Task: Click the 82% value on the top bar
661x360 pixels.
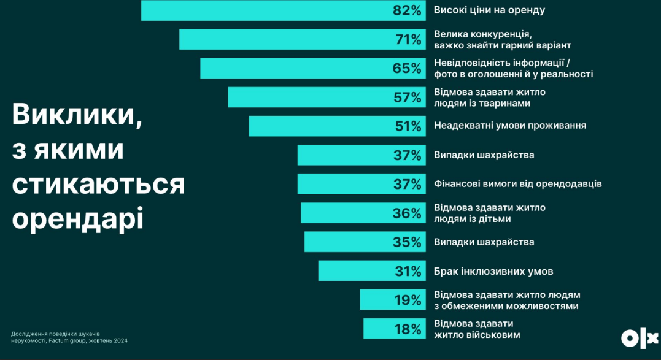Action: [408, 10]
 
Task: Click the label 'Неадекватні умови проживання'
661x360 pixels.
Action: [509, 126]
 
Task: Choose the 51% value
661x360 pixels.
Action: [408, 126]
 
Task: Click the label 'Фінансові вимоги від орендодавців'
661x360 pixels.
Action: [517, 184]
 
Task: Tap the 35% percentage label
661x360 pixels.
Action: [408, 242]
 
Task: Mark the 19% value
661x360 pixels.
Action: [408, 301]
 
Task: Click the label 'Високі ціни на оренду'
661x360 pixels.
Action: [489, 10]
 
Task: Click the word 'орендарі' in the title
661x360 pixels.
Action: [77, 219]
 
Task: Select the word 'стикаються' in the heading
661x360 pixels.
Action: [98, 185]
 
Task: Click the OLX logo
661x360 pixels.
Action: [638, 338]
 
